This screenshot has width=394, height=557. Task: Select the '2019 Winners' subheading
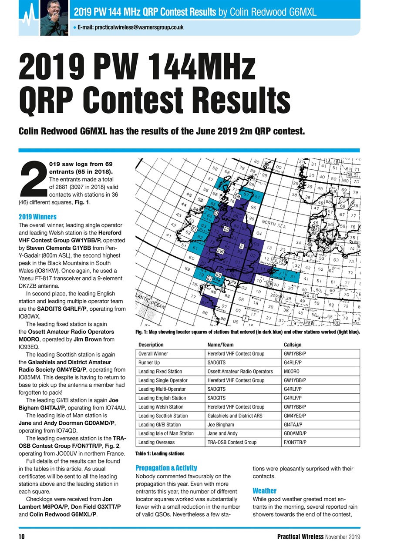tap(37, 217)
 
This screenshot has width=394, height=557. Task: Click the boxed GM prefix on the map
tap(238, 197)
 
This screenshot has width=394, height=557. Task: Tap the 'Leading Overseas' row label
tap(156, 442)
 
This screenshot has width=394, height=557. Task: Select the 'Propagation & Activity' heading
tap(166, 468)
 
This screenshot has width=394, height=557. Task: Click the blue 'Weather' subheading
tap(264, 490)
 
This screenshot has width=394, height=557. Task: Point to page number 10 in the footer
tap(21, 537)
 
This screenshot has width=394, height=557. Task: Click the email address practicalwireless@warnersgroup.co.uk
tap(131, 27)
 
